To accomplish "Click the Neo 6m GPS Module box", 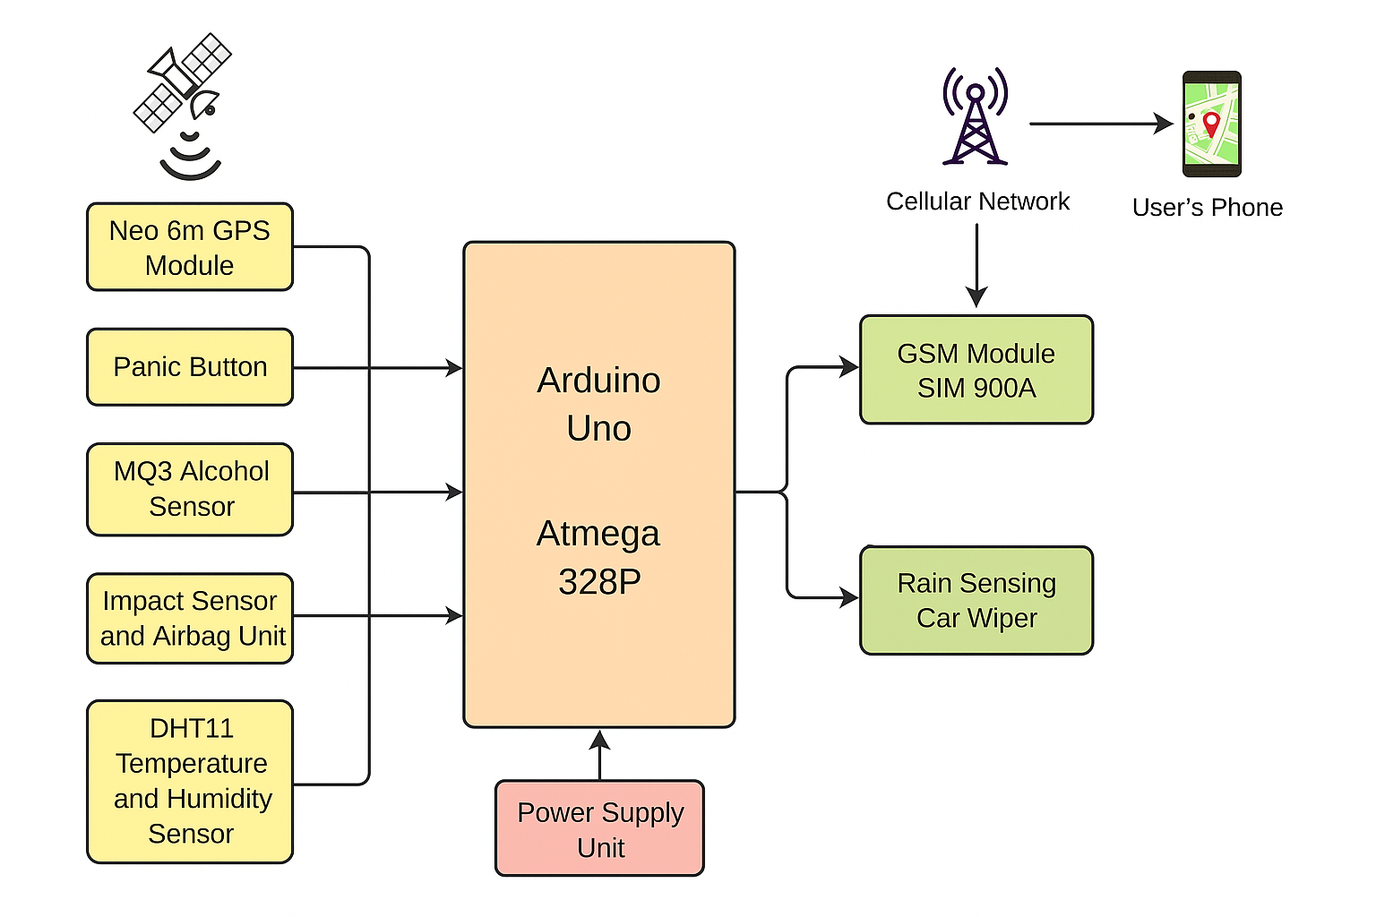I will click(x=190, y=247).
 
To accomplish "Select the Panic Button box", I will click(x=190, y=367).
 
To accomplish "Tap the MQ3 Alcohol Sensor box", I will click(x=190, y=489).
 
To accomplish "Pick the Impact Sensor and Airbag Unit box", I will click(x=190, y=618).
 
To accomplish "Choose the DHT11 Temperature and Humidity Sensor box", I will click(x=190, y=781).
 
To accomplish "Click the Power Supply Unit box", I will click(x=599, y=828).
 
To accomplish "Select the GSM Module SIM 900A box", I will click(x=976, y=370).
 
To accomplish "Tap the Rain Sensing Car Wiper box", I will click(x=976, y=600).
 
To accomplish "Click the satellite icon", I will click(x=185, y=99).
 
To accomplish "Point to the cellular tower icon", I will click(x=975, y=118).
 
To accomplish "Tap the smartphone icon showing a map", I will click(x=1211, y=124).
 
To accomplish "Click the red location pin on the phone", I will click(x=1211, y=122).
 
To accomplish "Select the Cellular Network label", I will click(x=977, y=201).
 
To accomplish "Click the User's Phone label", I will click(x=1207, y=208).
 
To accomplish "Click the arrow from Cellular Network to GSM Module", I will click(x=976, y=264).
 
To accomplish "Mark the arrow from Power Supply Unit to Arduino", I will click(x=599, y=754).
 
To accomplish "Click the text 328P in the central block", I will click(x=599, y=582).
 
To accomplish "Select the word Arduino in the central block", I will click(x=598, y=381).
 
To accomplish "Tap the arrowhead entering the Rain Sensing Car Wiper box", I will click(x=849, y=597).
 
